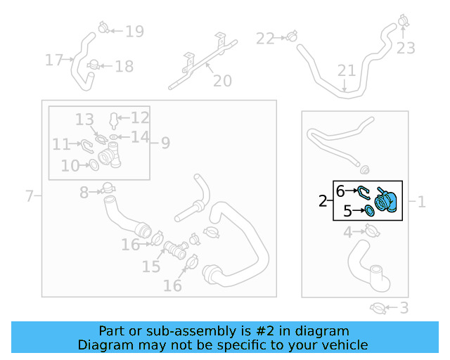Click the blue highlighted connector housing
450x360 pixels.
pyautogui.click(x=386, y=201)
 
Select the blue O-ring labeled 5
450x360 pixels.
pyautogui.click(x=370, y=211)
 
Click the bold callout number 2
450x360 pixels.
pyautogui.click(x=323, y=201)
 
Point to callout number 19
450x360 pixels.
pyautogui.click(x=134, y=32)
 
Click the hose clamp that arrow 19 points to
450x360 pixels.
pyautogui.click(x=103, y=27)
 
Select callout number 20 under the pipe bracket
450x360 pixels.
pyautogui.click(x=222, y=81)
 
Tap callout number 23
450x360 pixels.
pyautogui.click(x=406, y=48)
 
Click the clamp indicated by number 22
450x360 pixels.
pyautogui.click(x=292, y=37)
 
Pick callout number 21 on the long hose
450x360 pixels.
pyautogui.click(x=347, y=70)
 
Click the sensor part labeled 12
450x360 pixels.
pyautogui.click(x=114, y=120)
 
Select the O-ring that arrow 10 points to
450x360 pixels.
pyautogui.click(x=94, y=165)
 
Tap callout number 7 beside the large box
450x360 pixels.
pyautogui.click(x=30, y=196)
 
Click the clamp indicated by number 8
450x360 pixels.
pyautogui.click(x=108, y=188)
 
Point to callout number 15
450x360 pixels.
pyautogui.click(x=151, y=266)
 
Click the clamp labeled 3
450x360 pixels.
pyautogui.click(x=378, y=309)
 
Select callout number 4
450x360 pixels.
pyautogui.click(x=348, y=232)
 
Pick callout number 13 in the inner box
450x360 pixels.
pyautogui.click(x=84, y=120)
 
